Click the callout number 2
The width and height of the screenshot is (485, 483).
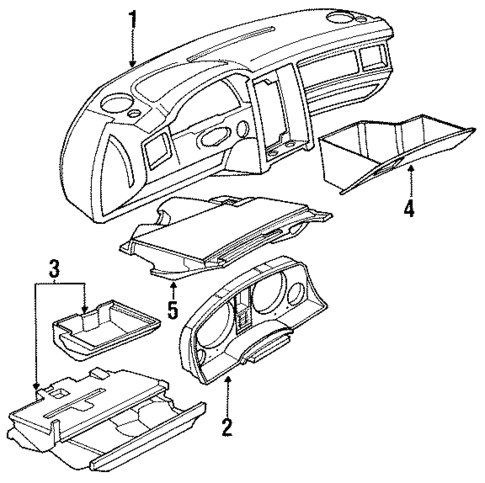coord(227,428)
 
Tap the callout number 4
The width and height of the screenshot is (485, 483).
coord(408,210)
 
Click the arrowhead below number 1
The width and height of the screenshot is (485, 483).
coord(133,65)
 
